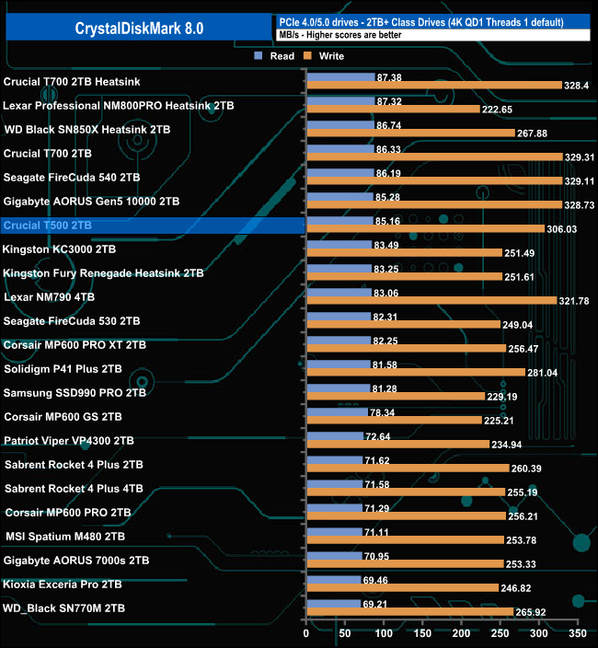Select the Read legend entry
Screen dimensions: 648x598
276,56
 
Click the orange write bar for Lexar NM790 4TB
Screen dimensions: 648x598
431,300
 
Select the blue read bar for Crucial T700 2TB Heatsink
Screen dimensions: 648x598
339,76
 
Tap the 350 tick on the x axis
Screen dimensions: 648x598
577,634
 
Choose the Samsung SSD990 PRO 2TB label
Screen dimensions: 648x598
75,393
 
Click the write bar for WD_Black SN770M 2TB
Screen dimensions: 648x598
409,611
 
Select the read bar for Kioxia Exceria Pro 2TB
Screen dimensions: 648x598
333,581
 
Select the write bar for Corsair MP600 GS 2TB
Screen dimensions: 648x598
394,420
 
